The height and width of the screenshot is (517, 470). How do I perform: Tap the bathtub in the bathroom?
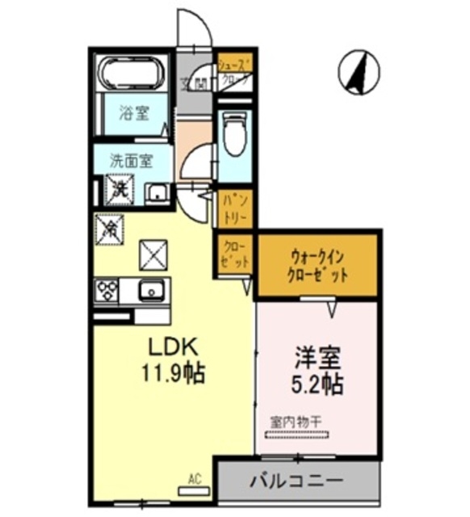coord(131,75)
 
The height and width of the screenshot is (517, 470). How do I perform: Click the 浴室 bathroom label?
coord(133,113)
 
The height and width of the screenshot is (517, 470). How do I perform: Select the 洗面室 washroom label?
coord(131,159)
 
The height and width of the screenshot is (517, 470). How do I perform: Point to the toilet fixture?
coord(235,136)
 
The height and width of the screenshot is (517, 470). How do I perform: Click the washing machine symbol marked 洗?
coord(119,190)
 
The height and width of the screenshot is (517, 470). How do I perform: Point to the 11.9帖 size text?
coord(174,374)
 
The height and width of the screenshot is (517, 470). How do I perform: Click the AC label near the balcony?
coord(194,479)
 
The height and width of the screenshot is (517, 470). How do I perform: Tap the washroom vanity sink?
coord(156,193)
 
